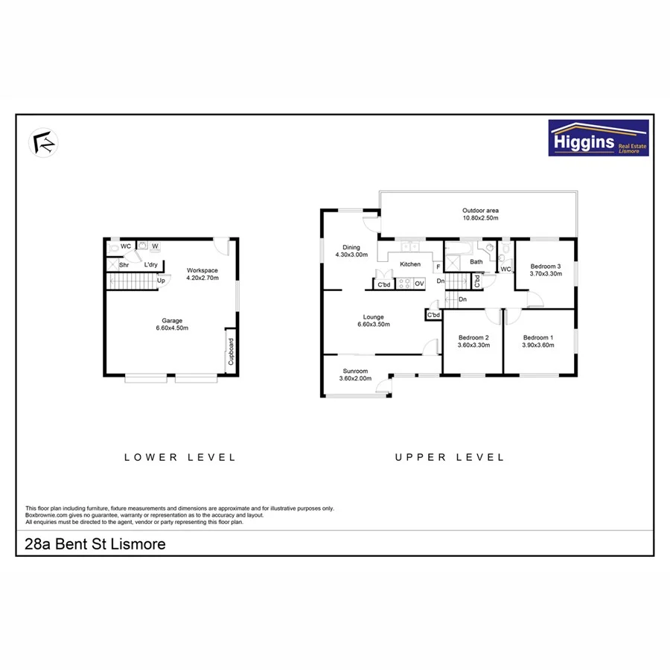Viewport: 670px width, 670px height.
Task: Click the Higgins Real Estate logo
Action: [598, 138]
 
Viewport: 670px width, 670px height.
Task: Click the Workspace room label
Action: [201, 273]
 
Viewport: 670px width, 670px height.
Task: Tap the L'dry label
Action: [150, 264]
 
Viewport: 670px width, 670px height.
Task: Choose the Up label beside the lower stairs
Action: [160, 280]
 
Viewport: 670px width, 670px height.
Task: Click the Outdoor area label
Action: [480, 215]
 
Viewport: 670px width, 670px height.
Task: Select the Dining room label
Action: [351, 252]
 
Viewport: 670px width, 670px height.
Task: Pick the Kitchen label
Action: [410, 264]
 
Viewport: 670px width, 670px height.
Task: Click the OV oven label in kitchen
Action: [419, 284]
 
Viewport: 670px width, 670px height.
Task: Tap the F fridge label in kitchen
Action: [438, 266]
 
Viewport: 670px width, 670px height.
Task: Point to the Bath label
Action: [476, 261]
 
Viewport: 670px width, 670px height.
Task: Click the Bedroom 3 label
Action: [545, 269]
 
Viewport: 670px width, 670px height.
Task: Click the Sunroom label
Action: [355, 374]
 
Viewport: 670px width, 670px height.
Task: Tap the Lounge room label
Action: [374, 321]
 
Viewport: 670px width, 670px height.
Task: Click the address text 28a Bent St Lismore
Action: [95, 545]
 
